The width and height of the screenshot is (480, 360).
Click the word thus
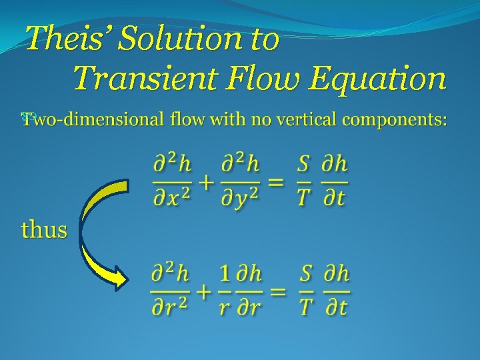click(44, 230)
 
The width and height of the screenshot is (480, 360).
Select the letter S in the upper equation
click(303, 164)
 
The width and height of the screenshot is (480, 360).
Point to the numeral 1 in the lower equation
click(225, 273)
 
